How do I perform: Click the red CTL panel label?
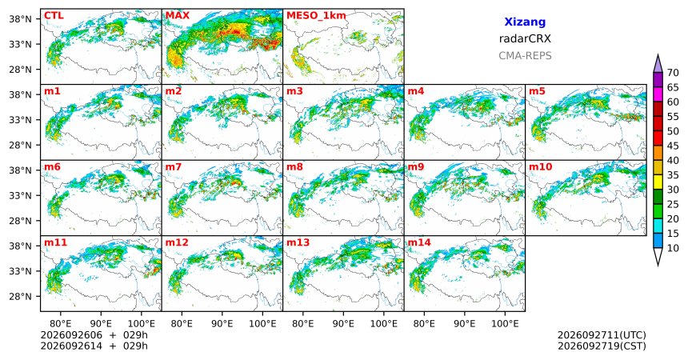click(x=54, y=16)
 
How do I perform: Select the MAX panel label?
click(x=178, y=16)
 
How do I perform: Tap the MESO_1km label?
click(x=316, y=16)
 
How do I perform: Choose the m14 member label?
click(x=419, y=242)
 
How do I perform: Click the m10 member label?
click(x=541, y=167)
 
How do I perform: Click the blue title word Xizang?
click(x=525, y=22)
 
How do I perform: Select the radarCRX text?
click(x=525, y=38)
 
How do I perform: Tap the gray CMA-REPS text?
click(x=525, y=56)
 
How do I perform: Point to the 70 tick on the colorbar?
click(x=673, y=73)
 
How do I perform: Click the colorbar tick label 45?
click(x=673, y=146)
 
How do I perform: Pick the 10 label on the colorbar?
click(x=673, y=248)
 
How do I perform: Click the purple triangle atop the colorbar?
click(x=658, y=65)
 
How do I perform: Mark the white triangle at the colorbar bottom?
click(x=658, y=255)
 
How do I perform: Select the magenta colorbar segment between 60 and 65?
click(x=658, y=94)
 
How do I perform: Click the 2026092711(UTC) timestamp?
click(x=602, y=335)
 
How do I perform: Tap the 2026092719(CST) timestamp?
click(x=602, y=346)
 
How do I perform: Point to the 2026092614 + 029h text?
click(x=94, y=346)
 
